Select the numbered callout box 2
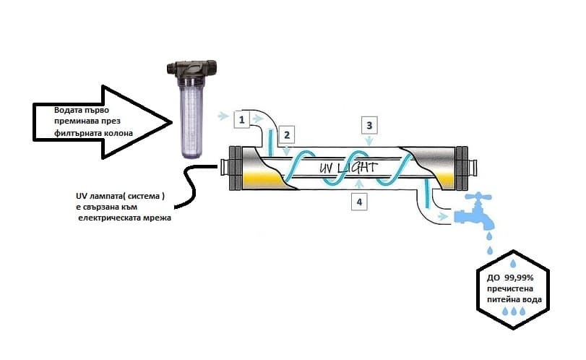click(x=286, y=134)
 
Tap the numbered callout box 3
click(x=369, y=125)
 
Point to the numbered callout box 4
click(x=359, y=201)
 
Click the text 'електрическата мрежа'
click(x=124, y=218)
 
